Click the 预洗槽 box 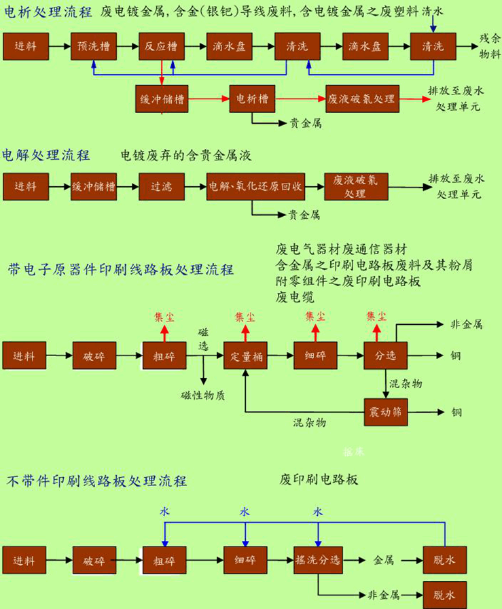coord(94,47)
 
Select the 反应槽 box coord(161,47)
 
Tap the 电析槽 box coord(252,99)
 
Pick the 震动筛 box coord(385,413)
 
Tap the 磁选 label coord(203,339)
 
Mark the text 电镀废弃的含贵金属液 coord(185,156)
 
